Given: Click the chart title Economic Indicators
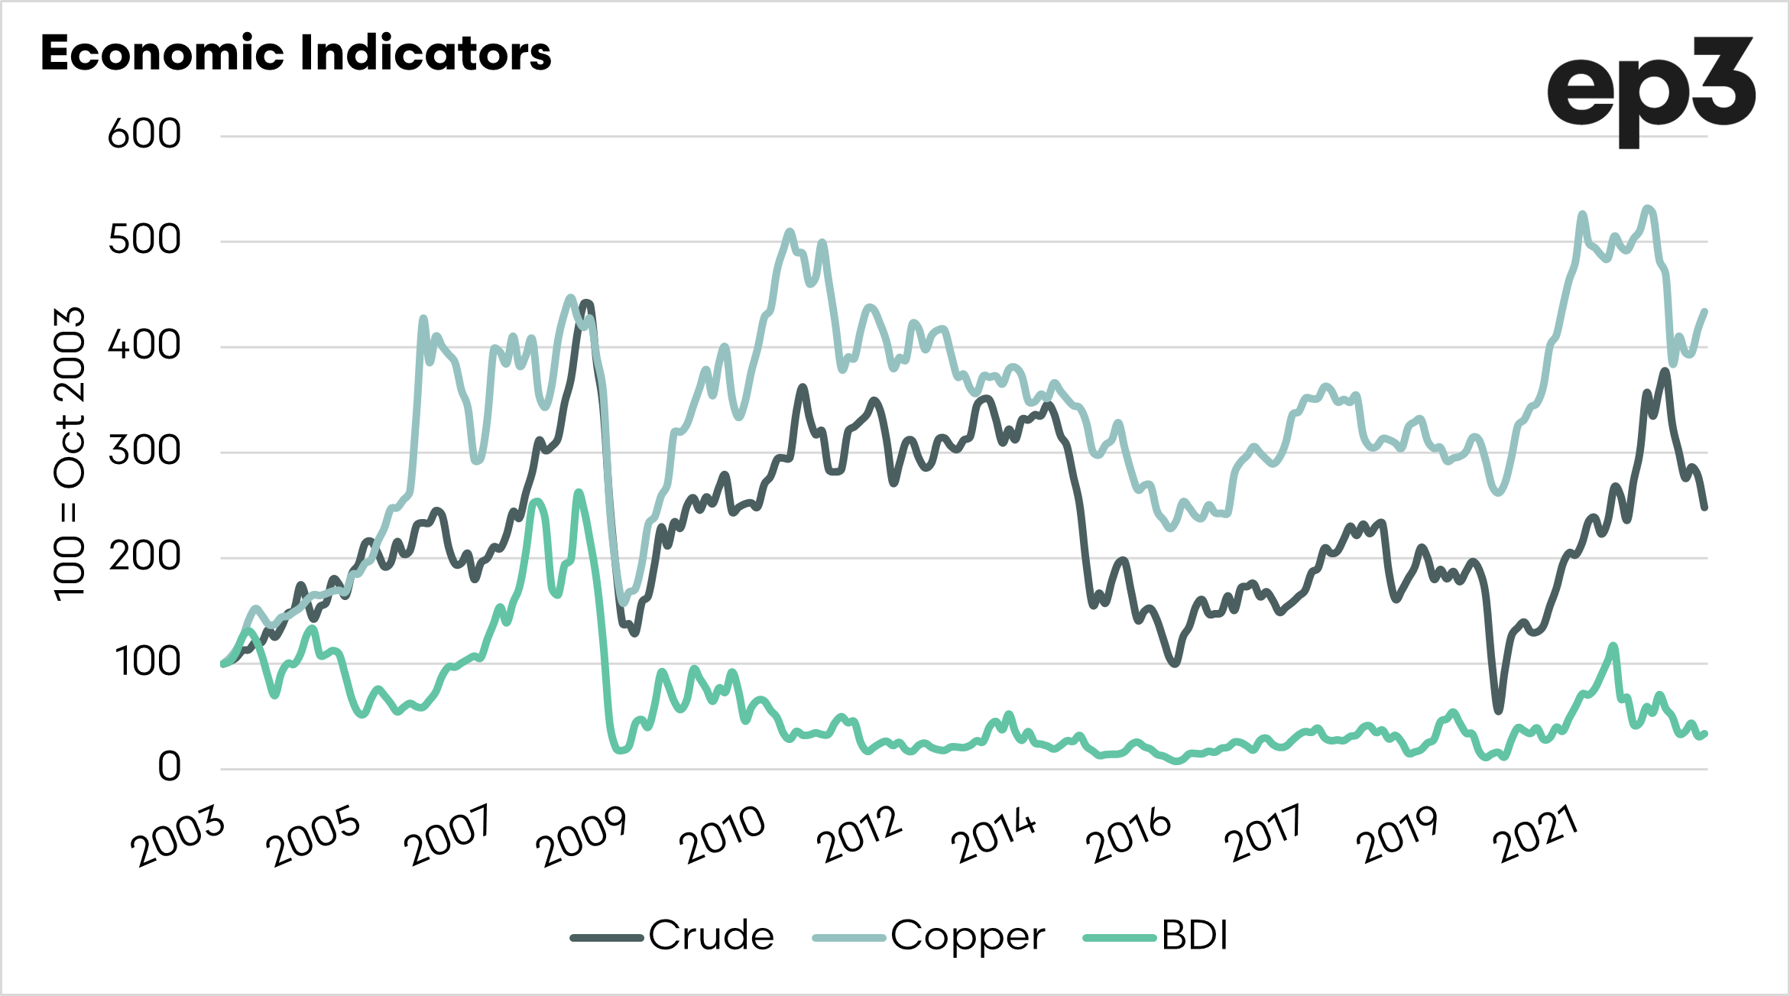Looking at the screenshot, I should (296, 54).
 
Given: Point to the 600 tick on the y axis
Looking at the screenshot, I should (144, 135).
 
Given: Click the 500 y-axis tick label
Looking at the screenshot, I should (144, 240).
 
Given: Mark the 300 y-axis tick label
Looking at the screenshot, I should (144, 451).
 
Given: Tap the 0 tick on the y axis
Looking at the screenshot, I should (170, 767).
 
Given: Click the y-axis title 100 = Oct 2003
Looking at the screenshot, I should (70, 454).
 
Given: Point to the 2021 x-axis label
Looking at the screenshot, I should (1536, 836).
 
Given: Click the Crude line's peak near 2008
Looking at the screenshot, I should (586, 303).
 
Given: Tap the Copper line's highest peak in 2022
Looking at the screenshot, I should (1648, 208).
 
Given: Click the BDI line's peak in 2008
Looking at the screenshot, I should (578, 493).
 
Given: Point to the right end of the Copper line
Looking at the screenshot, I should (1705, 310).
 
